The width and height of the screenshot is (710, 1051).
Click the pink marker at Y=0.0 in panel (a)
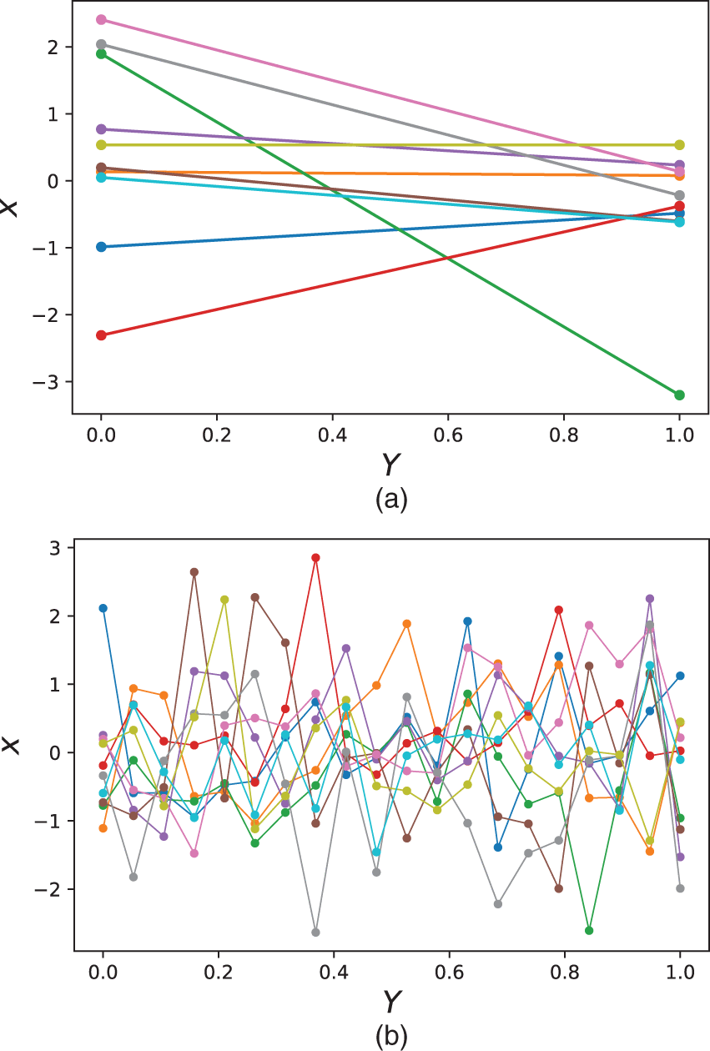click(102, 19)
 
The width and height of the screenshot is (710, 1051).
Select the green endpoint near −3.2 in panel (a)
click(680, 395)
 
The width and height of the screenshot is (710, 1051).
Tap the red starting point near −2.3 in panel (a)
click(102, 335)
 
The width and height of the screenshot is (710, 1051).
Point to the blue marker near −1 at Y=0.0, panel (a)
click(102, 247)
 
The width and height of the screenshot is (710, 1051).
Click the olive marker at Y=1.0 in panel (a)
click(680, 145)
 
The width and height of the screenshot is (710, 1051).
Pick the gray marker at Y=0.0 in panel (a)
click(102, 44)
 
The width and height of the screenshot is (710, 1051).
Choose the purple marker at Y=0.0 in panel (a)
click(102, 129)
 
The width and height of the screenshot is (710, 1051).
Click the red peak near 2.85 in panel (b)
click(315, 558)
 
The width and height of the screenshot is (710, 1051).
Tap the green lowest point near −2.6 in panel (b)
click(589, 930)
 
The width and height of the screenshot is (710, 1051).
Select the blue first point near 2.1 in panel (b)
click(103, 608)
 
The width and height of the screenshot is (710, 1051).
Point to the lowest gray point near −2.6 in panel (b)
click(315, 932)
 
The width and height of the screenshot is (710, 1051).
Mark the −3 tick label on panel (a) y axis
click(51, 382)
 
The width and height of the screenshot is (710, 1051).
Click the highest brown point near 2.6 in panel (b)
click(194, 572)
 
